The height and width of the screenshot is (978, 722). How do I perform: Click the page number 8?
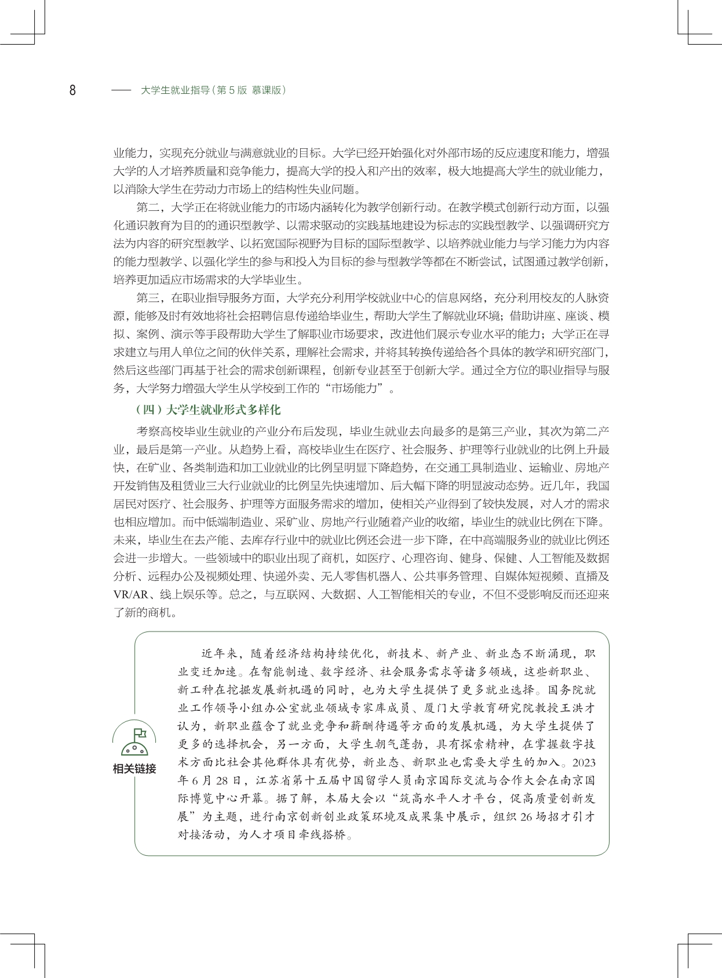coord(72,90)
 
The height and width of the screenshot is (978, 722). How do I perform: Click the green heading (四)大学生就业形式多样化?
coord(207,410)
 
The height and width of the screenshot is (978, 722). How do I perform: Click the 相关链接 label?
coord(134,769)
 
